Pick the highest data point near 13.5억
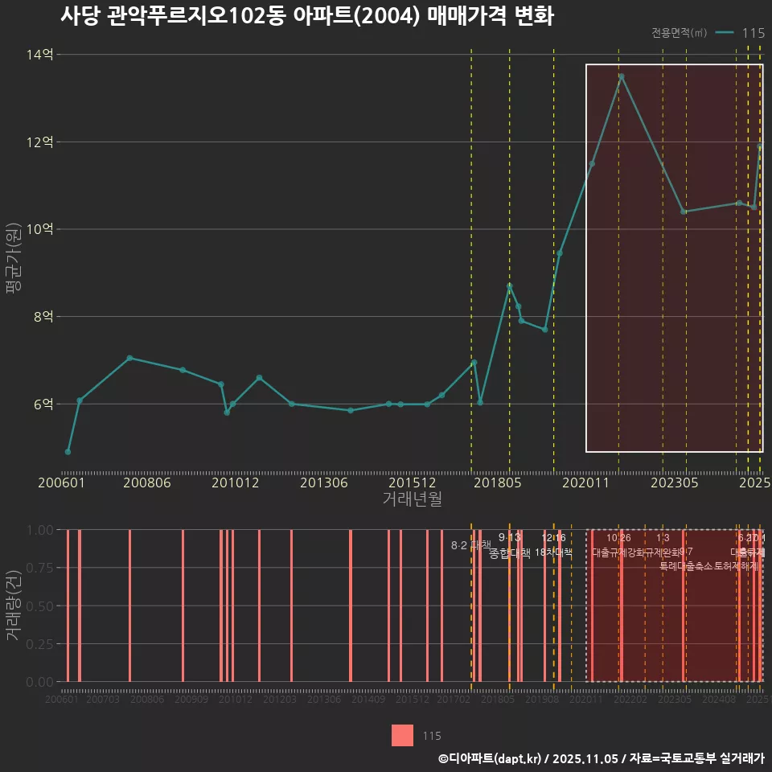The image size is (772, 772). coord(621,76)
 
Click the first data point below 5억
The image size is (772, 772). coord(68,452)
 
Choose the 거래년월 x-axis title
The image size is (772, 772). coord(412,499)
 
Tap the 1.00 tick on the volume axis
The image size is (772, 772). coord(40,530)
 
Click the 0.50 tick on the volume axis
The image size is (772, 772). coord(40,606)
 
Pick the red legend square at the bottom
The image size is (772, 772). coord(402,735)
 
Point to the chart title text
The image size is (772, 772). coord(306,17)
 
